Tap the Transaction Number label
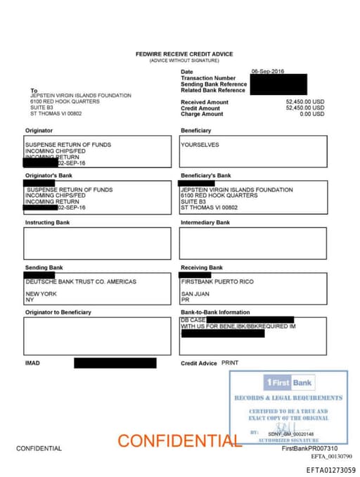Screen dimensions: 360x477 (208, 78)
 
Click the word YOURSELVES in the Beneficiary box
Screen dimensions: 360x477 (200, 145)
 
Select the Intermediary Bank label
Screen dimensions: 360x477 (205, 222)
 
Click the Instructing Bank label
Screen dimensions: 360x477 (47, 222)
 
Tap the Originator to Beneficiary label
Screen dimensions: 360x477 (58, 312)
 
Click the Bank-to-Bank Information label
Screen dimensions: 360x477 (215, 312)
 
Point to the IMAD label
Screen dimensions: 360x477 (33, 363)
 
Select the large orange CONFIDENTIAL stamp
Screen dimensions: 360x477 (179, 441)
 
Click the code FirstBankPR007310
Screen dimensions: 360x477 (309, 448)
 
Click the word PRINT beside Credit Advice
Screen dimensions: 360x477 (231, 362)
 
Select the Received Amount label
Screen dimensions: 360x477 (205, 102)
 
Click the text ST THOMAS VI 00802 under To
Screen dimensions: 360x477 (56, 113)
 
